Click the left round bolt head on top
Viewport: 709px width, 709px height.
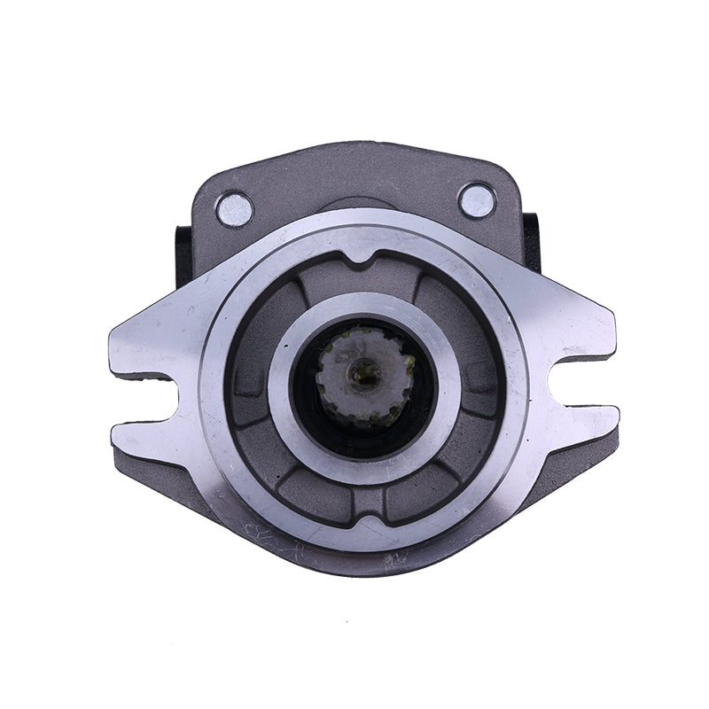click(235, 209)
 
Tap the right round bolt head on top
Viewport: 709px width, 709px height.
click(477, 200)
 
